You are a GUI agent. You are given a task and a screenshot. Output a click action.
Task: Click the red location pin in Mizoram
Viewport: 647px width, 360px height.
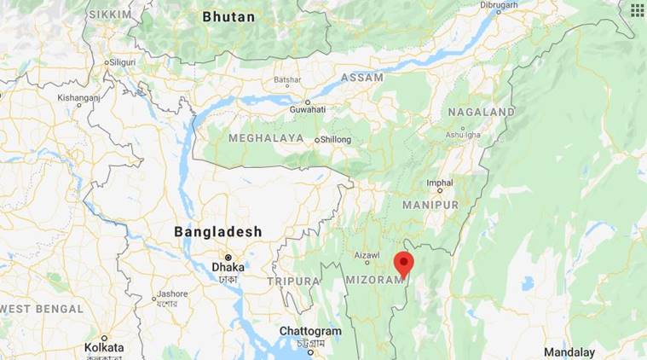click(403, 261)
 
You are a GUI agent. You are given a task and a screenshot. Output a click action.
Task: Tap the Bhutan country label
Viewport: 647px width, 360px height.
click(229, 16)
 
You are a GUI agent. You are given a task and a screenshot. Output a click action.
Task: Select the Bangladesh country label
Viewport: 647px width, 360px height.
click(217, 231)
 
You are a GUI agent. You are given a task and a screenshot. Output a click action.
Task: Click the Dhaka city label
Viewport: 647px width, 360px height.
click(228, 266)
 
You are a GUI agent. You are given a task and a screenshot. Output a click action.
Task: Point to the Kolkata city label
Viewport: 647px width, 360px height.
click(104, 347)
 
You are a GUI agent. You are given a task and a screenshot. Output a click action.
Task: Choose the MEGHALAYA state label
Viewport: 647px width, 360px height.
click(266, 137)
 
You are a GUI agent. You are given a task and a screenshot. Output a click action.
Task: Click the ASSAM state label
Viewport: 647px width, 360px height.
click(361, 78)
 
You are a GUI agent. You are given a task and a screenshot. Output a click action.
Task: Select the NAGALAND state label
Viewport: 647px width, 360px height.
click(481, 112)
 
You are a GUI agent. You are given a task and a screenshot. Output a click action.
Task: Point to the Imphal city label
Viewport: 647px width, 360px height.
click(440, 183)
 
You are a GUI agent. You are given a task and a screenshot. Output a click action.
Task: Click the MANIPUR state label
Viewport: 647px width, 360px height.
click(430, 205)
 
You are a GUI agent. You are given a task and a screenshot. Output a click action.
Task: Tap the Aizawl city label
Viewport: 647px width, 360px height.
click(367, 255)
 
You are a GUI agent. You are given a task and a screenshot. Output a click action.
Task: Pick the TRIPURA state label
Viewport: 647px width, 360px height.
click(293, 280)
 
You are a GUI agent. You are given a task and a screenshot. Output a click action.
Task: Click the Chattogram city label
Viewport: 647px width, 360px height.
click(310, 331)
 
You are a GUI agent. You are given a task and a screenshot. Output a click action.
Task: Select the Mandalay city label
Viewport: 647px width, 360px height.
click(569, 351)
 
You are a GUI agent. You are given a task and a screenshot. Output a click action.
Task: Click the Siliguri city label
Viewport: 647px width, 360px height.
click(124, 62)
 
